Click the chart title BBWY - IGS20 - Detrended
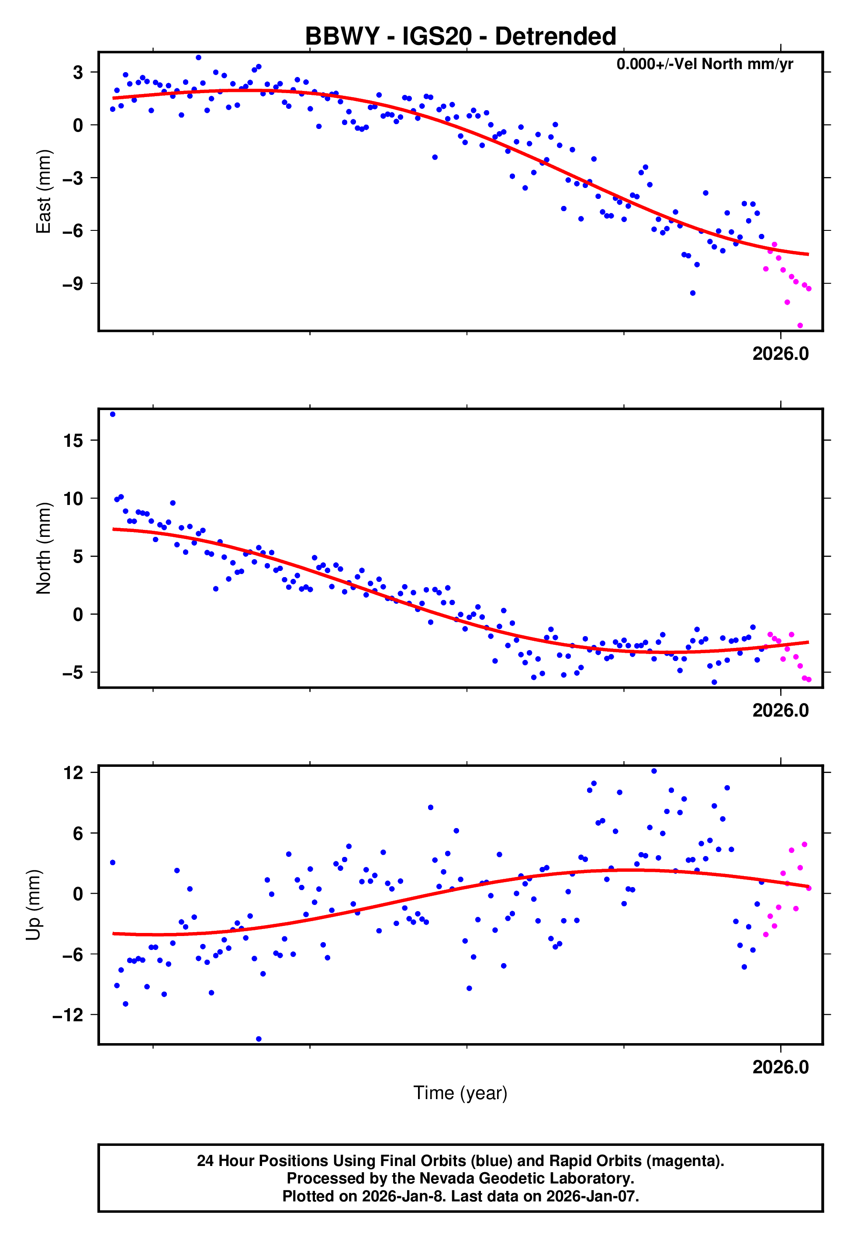tap(460, 37)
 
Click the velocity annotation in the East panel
tap(704, 64)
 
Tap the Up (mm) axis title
tap(33, 905)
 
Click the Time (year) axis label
tap(460, 1093)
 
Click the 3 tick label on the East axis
tap(78, 72)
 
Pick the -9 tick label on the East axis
tap(73, 284)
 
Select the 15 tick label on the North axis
tap(73, 441)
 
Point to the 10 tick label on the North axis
tap(73, 498)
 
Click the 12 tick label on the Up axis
tap(73, 773)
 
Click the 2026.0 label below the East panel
tap(780, 354)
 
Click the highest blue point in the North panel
tap(112, 414)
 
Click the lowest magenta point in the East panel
tap(800, 326)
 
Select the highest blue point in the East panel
tap(198, 57)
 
